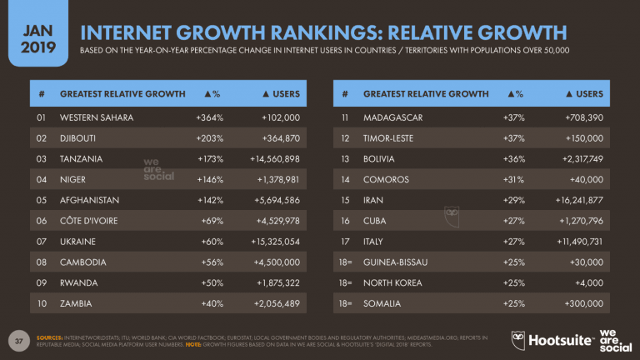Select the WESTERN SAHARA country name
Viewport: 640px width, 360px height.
point(96,117)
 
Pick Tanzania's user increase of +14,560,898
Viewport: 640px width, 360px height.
point(267,158)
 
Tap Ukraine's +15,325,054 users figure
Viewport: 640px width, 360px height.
point(267,242)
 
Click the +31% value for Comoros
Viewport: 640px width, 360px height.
point(513,179)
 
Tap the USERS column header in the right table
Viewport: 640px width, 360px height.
point(582,94)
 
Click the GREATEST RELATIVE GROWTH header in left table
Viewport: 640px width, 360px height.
point(122,94)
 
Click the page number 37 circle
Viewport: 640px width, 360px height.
point(18,340)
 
